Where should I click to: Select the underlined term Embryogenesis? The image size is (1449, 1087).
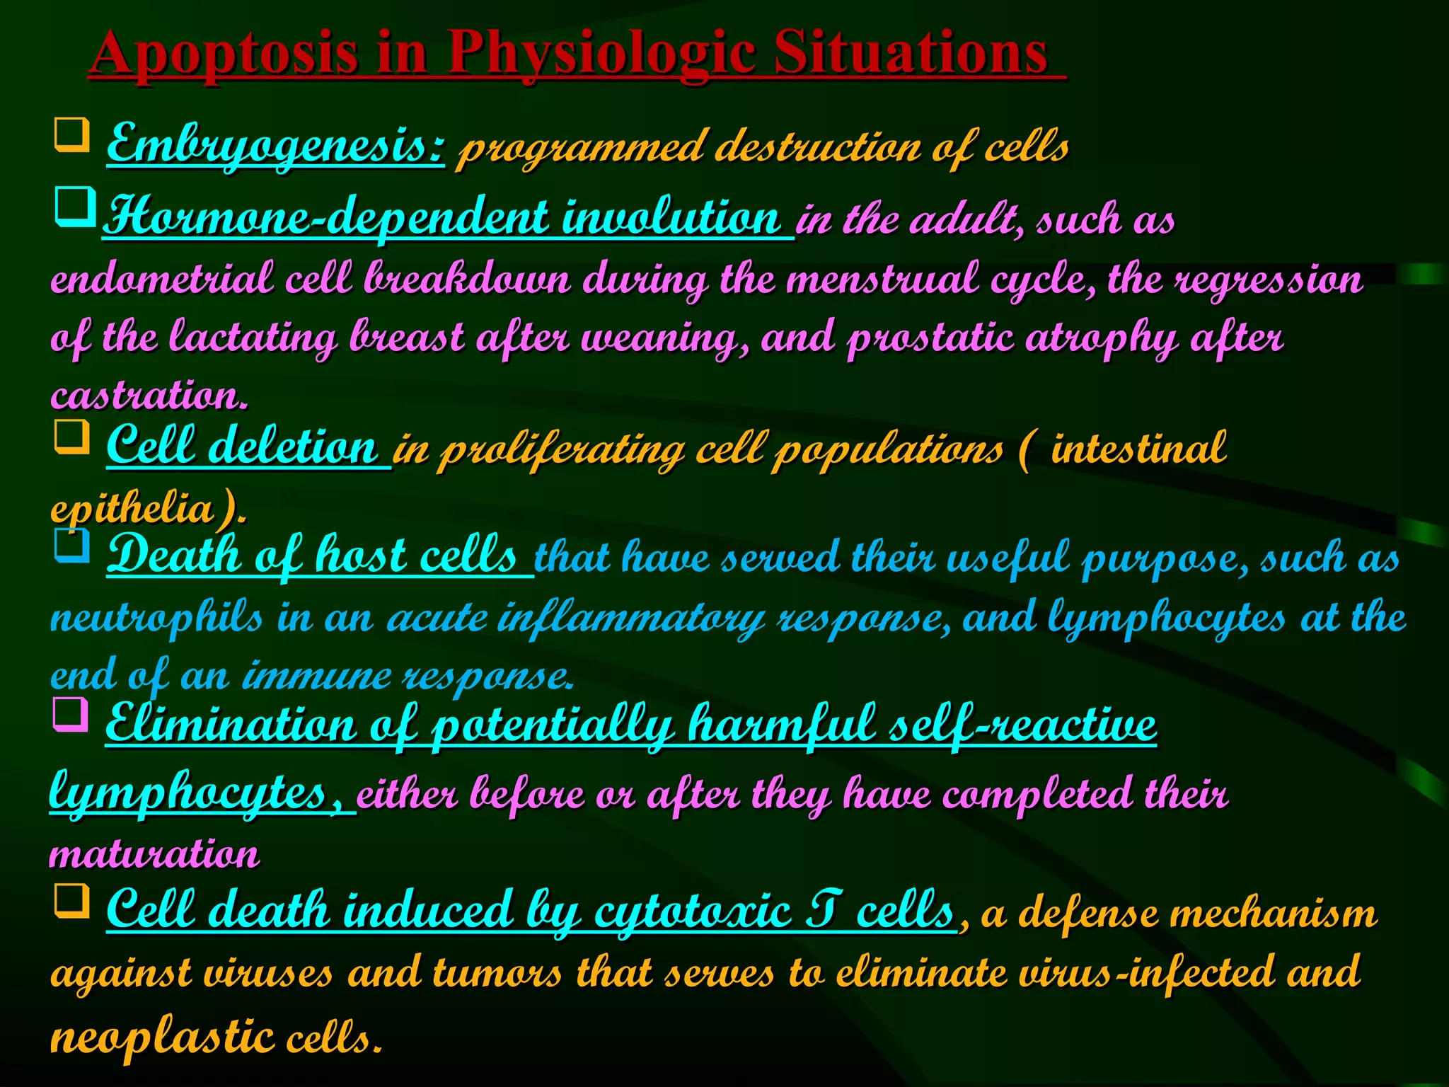coord(276,146)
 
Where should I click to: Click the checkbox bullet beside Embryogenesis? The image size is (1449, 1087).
coord(71,134)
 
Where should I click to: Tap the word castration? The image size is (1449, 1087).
coord(149,394)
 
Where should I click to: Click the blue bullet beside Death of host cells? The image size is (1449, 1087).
coord(71,545)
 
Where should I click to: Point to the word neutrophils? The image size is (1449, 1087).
coord(156,616)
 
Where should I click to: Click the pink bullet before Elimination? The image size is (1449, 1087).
coord(71,715)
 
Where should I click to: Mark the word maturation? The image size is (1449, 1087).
coord(154,853)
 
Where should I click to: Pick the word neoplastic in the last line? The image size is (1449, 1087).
coord(162,1037)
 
